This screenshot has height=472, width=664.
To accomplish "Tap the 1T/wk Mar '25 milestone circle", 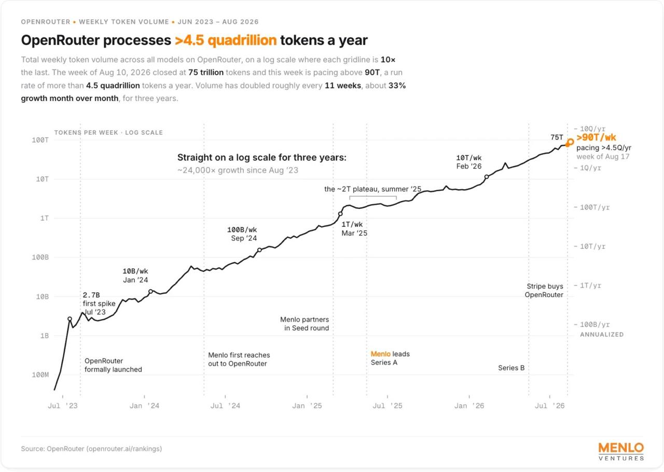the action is [340, 214].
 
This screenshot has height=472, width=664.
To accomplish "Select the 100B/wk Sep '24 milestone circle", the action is [259, 250].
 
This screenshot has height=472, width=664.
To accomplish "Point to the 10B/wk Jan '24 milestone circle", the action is [150, 291].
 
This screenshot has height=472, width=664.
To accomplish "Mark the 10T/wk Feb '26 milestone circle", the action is [487, 177].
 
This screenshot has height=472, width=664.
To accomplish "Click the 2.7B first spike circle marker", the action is [70, 319].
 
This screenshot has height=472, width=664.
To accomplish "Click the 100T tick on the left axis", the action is [40, 140].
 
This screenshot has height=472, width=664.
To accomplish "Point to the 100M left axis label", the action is [40, 375].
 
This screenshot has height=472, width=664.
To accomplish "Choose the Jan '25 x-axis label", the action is [307, 406].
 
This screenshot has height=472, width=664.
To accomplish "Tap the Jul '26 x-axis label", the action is [549, 406].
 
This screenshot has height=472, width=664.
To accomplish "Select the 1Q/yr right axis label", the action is [590, 168].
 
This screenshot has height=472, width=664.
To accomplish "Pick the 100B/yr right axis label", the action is [594, 324].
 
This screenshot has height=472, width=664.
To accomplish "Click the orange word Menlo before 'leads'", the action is [381, 354].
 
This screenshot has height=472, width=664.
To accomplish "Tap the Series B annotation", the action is [511, 368].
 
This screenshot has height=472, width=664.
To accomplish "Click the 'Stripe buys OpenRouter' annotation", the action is [544, 291].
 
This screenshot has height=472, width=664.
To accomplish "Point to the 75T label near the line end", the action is [557, 137].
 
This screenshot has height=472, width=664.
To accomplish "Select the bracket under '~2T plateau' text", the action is [373, 196].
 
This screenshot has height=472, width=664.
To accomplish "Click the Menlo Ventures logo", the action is [621, 452].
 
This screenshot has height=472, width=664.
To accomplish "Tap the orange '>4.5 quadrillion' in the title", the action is [226, 40].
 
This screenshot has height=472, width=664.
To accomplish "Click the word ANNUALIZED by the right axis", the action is [602, 334].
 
